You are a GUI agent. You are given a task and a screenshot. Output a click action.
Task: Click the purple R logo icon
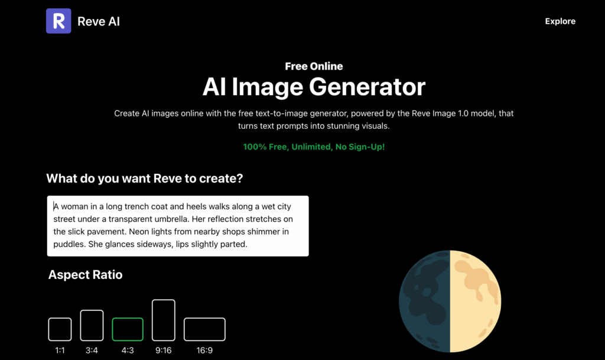click(x=58, y=21)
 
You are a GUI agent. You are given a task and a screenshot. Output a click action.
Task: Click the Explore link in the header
click(x=560, y=21)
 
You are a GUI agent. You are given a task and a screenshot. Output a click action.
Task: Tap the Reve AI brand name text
click(x=99, y=21)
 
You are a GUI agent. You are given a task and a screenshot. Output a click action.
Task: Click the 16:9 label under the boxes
click(x=204, y=351)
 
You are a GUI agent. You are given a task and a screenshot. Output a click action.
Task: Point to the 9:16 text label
click(x=164, y=351)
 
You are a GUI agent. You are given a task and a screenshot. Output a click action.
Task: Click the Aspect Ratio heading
click(x=85, y=275)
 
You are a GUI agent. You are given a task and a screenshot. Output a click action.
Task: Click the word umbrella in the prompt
click(x=172, y=219)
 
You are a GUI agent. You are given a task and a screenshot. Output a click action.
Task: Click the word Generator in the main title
click(x=367, y=86)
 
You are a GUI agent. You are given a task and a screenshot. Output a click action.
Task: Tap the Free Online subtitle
click(x=314, y=66)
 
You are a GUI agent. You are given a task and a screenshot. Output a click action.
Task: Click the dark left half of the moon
click(x=424, y=301)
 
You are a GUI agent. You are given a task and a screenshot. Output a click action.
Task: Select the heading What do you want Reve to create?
click(x=145, y=179)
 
